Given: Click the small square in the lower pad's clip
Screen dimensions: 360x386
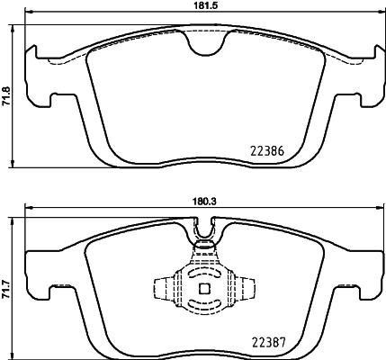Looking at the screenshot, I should point(203,289).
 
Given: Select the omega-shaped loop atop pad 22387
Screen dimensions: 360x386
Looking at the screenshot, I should point(206,237).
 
